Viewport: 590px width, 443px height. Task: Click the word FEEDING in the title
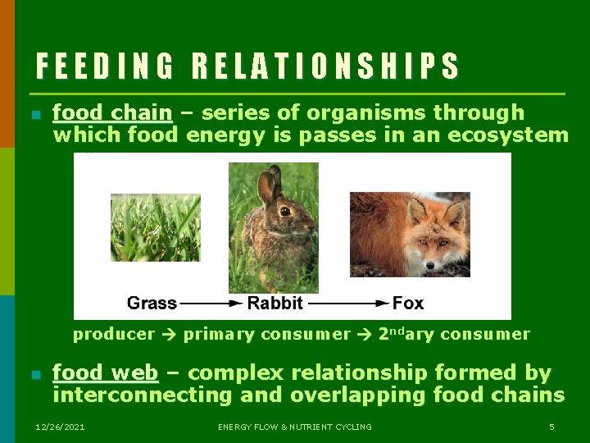[x=105, y=66]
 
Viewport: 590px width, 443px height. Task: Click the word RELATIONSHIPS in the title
[x=325, y=66]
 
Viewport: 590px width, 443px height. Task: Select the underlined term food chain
[x=112, y=112]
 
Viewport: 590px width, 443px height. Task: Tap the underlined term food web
[x=105, y=373]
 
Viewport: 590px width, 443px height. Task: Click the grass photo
[x=155, y=227]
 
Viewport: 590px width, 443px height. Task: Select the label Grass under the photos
[x=152, y=303]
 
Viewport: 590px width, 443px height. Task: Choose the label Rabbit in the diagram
[x=275, y=303]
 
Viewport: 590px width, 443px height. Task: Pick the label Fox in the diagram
[x=407, y=303]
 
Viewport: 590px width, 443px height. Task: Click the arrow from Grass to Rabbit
[x=211, y=304]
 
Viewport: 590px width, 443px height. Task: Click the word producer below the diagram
[x=113, y=335]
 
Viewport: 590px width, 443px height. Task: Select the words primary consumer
[x=266, y=335]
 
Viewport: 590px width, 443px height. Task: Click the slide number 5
[x=551, y=427]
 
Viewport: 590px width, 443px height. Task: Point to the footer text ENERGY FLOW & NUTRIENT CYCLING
[x=295, y=427]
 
